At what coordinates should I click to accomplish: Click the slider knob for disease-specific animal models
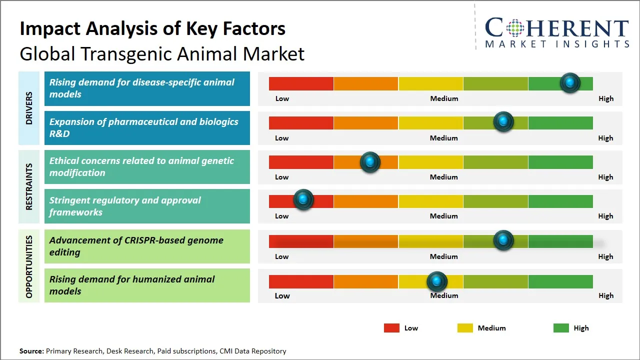[570, 82]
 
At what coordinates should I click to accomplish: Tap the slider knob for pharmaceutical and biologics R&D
[503, 121]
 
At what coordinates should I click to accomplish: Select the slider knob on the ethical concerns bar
[370, 162]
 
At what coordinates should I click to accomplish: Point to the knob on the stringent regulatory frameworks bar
[303, 200]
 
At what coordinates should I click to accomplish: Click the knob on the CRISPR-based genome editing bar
[503, 240]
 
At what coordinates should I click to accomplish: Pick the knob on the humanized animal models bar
[437, 282]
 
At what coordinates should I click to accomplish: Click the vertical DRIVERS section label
[29, 107]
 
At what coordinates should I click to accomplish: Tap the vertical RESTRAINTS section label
[29, 186]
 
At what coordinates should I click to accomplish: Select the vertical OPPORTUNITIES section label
[29, 266]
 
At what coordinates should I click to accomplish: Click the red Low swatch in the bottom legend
[391, 328]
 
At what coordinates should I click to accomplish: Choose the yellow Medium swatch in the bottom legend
[465, 328]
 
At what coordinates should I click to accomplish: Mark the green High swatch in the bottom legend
[561, 328]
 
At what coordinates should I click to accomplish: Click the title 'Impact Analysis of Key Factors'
[152, 28]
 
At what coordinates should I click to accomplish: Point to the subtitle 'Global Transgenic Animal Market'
[162, 53]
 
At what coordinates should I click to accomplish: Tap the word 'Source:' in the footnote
[31, 351]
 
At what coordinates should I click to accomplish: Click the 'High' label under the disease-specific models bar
[606, 98]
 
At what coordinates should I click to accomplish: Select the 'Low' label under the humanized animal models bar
[282, 295]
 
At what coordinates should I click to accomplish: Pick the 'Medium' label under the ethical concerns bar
[444, 177]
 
